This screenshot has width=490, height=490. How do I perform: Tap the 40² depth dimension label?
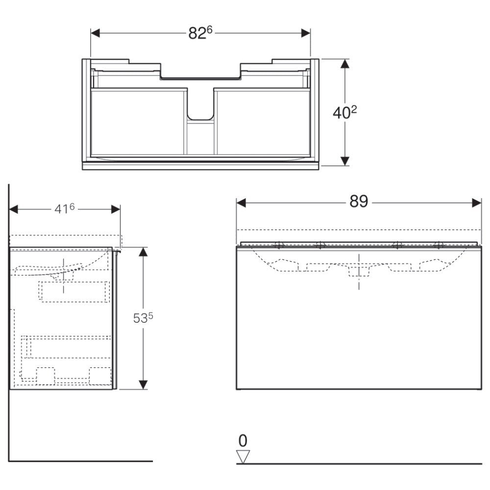click(x=344, y=113)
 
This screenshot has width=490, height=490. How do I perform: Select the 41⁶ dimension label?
click(x=65, y=209)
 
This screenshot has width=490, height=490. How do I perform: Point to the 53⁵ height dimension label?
click(x=143, y=318)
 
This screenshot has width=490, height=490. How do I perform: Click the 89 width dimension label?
click(x=359, y=201)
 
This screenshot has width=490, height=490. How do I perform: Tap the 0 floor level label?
click(x=243, y=441)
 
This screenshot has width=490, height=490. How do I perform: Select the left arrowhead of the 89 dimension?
click(x=241, y=203)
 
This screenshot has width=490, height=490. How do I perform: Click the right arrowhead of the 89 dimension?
click(x=477, y=203)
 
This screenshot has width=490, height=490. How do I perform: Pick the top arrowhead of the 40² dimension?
click(x=344, y=64)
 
